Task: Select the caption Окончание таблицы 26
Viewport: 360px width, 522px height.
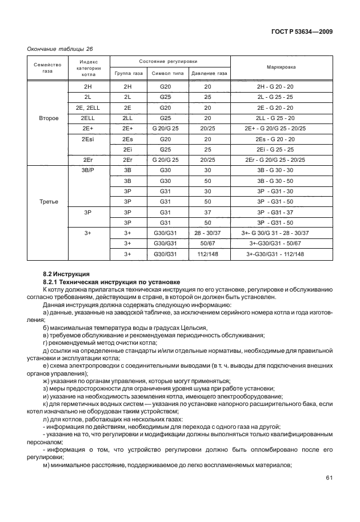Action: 60,49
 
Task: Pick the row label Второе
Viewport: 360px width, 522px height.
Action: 48,118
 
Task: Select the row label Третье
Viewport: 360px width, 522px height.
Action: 48,202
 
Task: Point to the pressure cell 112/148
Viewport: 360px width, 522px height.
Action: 207,254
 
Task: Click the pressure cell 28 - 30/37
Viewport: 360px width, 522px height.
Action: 207,233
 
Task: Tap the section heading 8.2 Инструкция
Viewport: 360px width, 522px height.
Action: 66,274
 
